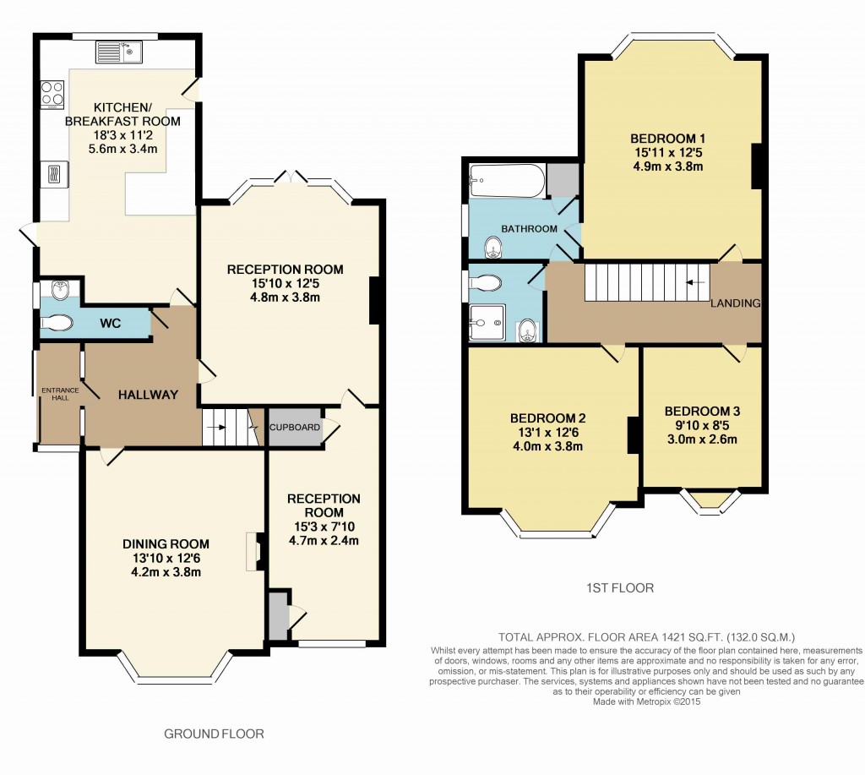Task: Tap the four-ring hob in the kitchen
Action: (52, 93)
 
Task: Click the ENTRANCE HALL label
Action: (59, 394)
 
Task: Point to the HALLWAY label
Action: (148, 395)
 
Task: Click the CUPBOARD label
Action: (295, 427)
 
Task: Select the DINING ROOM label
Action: (166, 543)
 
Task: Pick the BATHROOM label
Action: (529, 229)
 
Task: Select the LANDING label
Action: (735, 303)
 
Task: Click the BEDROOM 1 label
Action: (667, 138)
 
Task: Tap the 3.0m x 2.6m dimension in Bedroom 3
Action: (701, 439)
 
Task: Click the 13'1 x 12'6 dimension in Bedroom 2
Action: (547, 433)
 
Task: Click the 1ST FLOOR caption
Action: (620, 587)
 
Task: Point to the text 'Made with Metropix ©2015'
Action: (646, 701)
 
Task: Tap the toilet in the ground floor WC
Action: (57, 323)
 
